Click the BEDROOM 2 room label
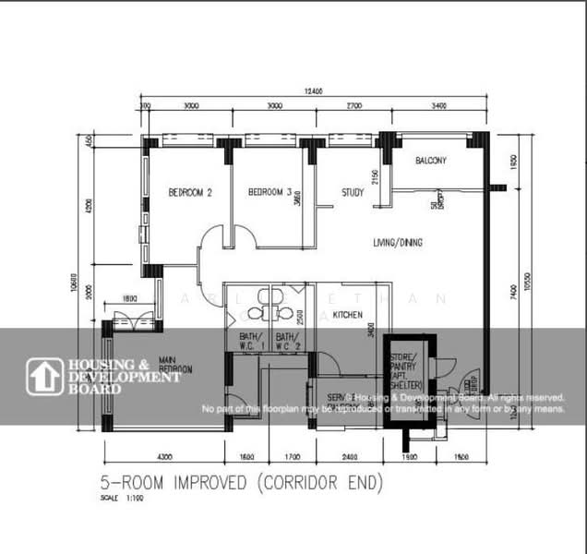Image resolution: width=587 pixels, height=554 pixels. coord(190,193)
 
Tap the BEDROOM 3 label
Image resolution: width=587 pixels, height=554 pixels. coord(270,193)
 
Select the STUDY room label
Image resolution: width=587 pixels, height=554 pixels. coord(353,193)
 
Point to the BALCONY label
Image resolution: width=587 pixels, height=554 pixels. coord(430,161)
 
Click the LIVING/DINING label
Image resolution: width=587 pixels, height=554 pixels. coord(397,243)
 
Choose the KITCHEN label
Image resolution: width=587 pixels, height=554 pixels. coord(347,315)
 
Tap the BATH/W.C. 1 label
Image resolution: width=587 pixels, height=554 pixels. coord(250,342)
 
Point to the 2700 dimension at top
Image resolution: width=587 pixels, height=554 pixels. coord(353,106)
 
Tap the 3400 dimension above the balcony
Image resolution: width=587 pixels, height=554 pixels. coord(437,106)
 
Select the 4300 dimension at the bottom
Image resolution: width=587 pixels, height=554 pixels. coord(164,456)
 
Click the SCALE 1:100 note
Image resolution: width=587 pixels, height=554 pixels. coord(116,498)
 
